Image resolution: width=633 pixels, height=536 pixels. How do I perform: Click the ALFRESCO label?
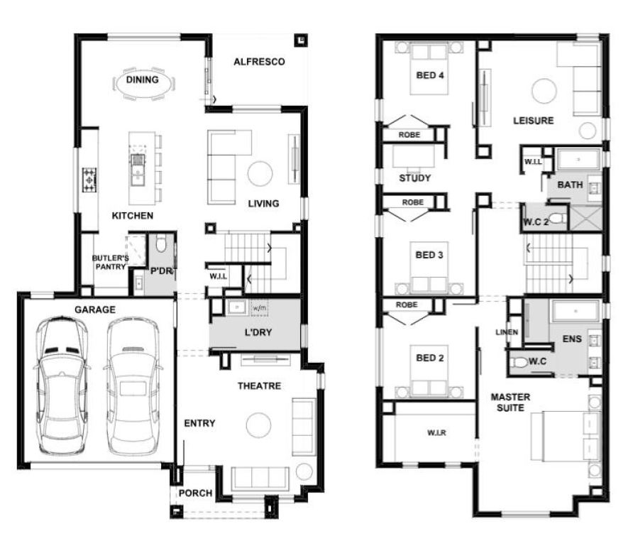pyautogui.click(x=259, y=62)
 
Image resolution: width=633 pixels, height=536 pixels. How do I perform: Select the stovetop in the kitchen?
pyautogui.click(x=89, y=180)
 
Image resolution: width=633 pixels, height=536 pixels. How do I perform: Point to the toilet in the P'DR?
pyautogui.click(x=161, y=244)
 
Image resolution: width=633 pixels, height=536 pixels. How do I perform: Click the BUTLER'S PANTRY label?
pyautogui.click(x=110, y=262)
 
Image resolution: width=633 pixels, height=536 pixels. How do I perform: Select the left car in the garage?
pyautogui.click(x=62, y=385)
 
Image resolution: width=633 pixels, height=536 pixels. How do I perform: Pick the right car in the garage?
pyautogui.click(x=133, y=385)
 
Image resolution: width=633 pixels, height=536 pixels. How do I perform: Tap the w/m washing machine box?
pyautogui.click(x=259, y=308)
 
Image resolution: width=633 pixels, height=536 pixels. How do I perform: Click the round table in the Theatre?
pyautogui.click(x=258, y=425)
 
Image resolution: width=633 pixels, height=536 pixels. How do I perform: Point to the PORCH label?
pyautogui.click(x=195, y=493)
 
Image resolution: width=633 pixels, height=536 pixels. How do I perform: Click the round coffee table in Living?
pyautogui.click(x=260, y=174)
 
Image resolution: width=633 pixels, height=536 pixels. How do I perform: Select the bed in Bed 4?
pyautogui.click(x=429, y=68)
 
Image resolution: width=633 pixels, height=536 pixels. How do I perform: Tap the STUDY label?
pyautogui.click(x=414, y=178)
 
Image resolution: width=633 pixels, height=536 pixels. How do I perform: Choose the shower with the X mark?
pyautogui.click(x=585, y=219)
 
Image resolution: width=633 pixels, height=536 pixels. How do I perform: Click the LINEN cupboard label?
pyautogui.click(x=507, y=332)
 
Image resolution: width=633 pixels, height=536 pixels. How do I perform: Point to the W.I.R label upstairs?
pyautogui.click(x=436, y=433)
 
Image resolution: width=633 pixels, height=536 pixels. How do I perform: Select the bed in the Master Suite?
pyautogui.click(x=563, y=436)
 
